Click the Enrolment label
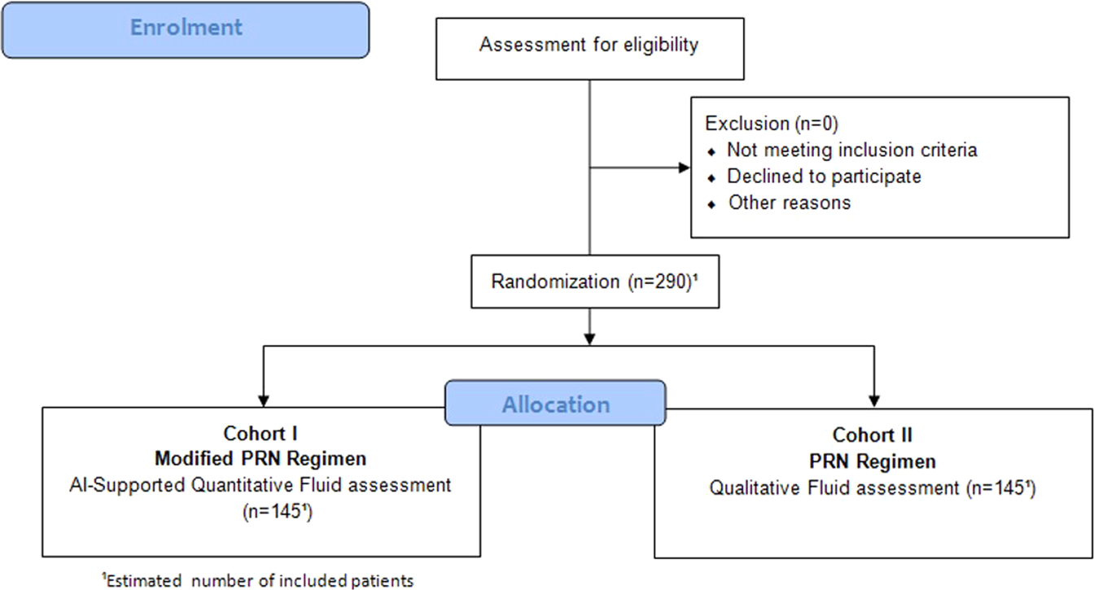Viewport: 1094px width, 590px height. pyautogui.click(x=186, y=28)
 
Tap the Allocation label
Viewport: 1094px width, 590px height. pyautogui.click(x=555, y=404)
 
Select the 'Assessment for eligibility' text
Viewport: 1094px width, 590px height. pyautogui.click(x=589, y=45)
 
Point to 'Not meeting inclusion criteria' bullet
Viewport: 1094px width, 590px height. pyautogui.click(x=851, y=150)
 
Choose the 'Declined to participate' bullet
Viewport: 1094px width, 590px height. pyautogui.click(x=824, y=176)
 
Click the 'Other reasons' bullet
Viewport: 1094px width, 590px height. pyautogui.click(x=789, y=203)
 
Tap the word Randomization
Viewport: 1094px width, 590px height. pyautogui.click(x=554, y=282)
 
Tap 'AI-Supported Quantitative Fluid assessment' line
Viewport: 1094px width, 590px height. pyautogui.click(x=260, y=486)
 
